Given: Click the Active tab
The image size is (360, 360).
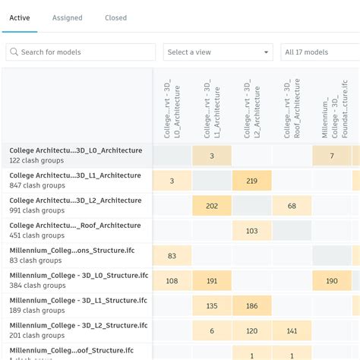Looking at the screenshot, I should tap(20, 17).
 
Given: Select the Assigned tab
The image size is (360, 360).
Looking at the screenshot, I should tap(68, 17).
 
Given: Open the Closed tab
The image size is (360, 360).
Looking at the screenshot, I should tap(115, 17).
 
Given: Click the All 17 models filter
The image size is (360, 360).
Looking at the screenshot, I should tap(319, 52).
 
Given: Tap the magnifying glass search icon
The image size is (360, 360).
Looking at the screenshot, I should tap(14, 52).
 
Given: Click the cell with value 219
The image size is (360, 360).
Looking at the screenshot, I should tap(252, 181).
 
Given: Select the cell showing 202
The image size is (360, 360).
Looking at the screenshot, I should tap(212, 206).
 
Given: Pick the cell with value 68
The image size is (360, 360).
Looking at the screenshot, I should tap(292, 206).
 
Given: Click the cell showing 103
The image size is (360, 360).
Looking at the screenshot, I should tap(252, 231).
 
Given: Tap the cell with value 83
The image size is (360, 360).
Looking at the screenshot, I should tap(172, 256).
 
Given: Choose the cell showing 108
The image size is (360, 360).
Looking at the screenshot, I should tap(172, 281).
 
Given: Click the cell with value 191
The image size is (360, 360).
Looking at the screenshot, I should tap(212, 281).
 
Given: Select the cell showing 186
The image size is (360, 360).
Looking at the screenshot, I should tap(252, 306).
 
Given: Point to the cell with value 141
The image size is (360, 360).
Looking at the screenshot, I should tap(292, 331).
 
